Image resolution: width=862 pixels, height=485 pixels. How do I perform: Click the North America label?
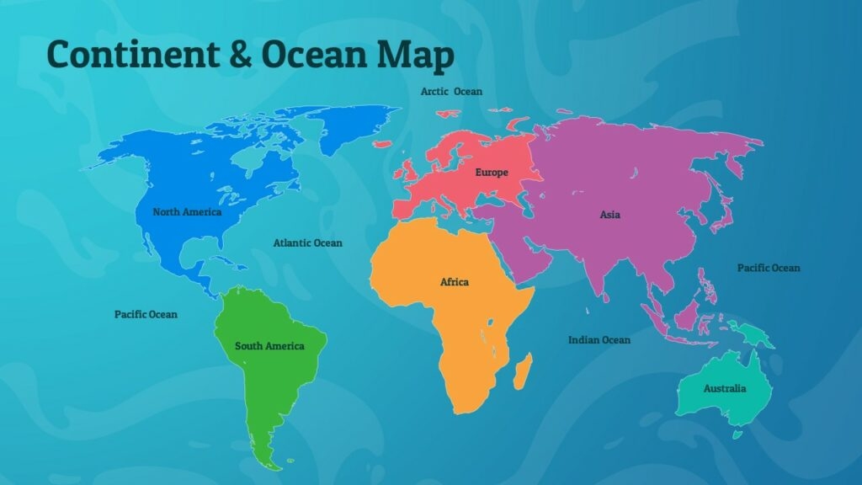[187, 211]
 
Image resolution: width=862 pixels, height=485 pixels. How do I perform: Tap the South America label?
[269, 346]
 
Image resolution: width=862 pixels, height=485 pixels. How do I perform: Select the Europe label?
[492, 173]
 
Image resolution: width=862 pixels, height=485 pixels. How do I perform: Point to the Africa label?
[455, 282]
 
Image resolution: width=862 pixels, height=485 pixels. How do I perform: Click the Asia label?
[610, 215]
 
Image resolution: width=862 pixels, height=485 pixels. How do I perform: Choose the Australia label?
[725, 389]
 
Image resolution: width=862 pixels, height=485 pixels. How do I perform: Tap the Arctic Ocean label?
[452, 91]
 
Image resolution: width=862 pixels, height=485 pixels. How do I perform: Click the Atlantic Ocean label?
[308, 243]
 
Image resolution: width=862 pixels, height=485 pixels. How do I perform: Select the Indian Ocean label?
[599, 340]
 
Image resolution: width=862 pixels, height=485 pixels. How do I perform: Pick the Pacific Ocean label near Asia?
[769, 268]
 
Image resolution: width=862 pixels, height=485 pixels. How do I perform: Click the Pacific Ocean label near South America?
[146, 314]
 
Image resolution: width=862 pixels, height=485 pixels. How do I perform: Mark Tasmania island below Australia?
[737, 434]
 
